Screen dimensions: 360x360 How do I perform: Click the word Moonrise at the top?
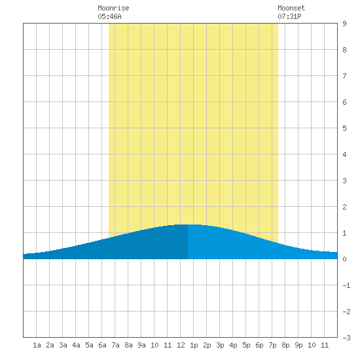pyautogui.click(x=113, y=8)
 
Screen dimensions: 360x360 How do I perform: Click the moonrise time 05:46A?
pyautogui.click(x=109, y=16)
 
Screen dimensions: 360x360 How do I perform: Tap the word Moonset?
pyautogui.click(x=291, y=8)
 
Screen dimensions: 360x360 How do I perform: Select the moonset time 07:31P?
pyautogui.click(x=289, y=16)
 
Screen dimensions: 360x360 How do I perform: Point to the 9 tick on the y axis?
pyautogui.click(x=344, y=24)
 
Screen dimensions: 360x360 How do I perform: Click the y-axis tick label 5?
pyautogui.click(x=344, y=128)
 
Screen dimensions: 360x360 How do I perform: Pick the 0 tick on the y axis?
pyautogui.click(x=344, y=259)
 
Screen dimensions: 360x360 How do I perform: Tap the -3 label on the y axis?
pyautogui.click(x=346, y=338)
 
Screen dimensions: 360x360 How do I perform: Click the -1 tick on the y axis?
pyautogui.click(x=346, y=285)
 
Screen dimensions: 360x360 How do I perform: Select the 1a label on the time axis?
pyautogui.click(x=37, y=345)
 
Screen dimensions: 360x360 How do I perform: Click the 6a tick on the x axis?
pyautogui.click(x=102, y=345)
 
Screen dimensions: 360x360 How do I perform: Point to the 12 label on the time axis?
pyautogui.click(x=181, y=345)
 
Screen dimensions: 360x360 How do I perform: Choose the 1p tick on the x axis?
pyautogui.click(x=194, y=345)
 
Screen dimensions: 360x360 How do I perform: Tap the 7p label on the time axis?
pyautogui.click(x=272, y=345)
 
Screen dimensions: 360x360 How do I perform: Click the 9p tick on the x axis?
pyautogui.click(x=298, y=345)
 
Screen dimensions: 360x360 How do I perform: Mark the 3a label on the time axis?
pyautogui.click(x=63, y=345)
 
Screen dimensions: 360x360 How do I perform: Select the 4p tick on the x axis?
pyautogui.click(x=233, y=345)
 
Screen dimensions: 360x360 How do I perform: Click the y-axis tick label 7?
pyautogui.click(x=344, y=76)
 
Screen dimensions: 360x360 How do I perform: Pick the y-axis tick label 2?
pyautogui.click(x=344, y=207)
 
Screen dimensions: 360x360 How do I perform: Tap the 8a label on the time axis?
pyautogui.click(x=128, y=345)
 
